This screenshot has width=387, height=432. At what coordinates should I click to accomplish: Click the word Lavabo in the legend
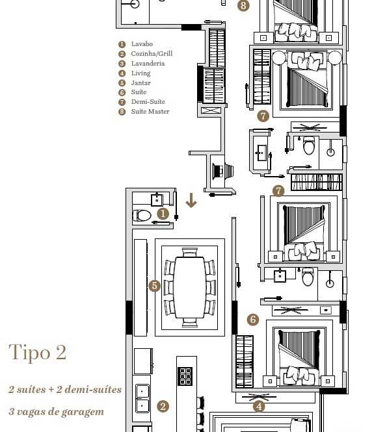pos(142,44)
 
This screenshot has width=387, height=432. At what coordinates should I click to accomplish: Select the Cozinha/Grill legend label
pos(152,53)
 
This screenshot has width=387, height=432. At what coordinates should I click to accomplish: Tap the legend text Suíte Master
pos(150,111)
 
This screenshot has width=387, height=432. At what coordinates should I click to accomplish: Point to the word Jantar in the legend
pos(140,83)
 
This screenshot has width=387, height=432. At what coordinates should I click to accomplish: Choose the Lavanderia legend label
pos(148,64)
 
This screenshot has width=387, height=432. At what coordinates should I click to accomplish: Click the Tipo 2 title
pos(38,352)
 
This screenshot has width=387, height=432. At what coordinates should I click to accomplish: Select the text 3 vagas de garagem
pos(57,412)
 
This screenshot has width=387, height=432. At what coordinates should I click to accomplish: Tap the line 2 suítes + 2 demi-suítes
pos(65,389)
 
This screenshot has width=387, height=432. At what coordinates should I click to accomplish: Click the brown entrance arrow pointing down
pos(191,200)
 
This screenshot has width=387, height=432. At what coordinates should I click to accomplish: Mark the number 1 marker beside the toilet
pos(163,214)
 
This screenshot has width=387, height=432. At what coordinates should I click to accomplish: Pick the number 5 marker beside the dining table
pos(154,286)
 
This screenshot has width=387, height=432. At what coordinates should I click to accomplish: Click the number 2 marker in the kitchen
pos(163,407)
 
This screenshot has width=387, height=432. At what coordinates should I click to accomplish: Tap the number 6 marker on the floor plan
pos(252,320)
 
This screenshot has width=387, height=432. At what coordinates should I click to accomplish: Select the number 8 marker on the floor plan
pos(243,5)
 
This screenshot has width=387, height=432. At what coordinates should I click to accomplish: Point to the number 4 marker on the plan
pos(259,407)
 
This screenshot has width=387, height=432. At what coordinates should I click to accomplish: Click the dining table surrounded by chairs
pos(190,287)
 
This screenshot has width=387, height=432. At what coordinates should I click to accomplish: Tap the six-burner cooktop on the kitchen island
pos(185,375)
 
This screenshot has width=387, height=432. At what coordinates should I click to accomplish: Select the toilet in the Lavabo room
pos(142,216)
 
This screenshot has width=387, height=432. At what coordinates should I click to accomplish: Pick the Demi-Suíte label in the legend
pos(148,101)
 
